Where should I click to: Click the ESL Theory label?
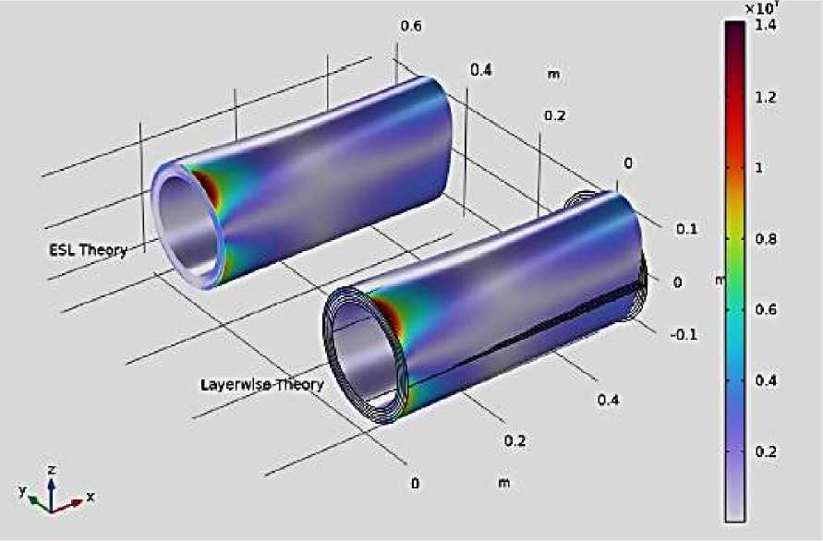click(x=88, y=250)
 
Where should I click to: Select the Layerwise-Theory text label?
click(x=262, y=385)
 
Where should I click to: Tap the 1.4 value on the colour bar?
click(x=765, y=25)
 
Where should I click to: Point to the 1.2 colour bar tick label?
click(x=765, y=97)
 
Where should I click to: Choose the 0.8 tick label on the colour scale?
click(x=765, y=239)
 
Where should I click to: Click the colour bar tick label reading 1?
click(x=758, y=168)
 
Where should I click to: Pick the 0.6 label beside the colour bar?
click(x=765, y=309)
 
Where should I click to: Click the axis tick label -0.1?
click(x=684, y=334)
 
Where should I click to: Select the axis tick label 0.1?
click(x=686, y=229)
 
